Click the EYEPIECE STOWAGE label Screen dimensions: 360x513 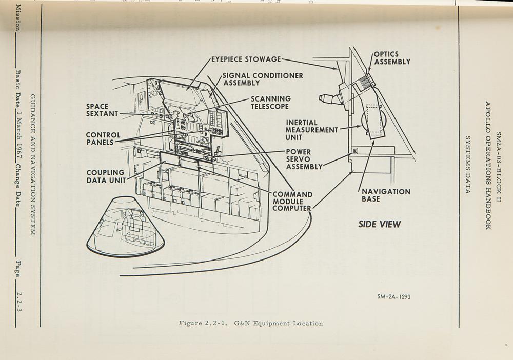[246, 59]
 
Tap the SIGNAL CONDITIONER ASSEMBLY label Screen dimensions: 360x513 [263, 79]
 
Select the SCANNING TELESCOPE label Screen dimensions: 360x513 [270, 103]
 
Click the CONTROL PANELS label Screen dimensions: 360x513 [103, 139]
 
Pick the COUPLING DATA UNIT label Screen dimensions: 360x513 [106, 176]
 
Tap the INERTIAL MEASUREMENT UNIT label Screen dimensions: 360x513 [311, 130]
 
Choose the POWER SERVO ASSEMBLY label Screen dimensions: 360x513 [304, 159]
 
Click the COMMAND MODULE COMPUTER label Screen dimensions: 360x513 [292, 202]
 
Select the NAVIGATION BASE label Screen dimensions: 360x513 [386, 195]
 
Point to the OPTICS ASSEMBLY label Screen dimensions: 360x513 [392, 58]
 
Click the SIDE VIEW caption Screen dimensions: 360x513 [379, 224]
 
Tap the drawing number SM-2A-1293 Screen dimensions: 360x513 [393, 297]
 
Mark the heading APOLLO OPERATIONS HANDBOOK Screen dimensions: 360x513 [488, 165]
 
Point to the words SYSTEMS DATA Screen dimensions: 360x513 [467, 165]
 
